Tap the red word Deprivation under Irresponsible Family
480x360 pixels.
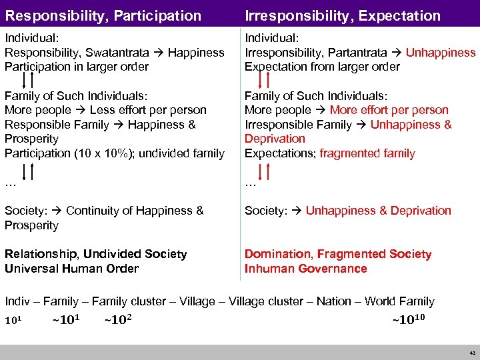coord(275,139)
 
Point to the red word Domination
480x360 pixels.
coord(279,254)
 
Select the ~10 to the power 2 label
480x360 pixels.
coord(118,319)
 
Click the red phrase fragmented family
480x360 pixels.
coord(367,153)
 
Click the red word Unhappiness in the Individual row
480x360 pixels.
coord(441,52)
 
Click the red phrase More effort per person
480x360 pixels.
coord(389,110)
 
